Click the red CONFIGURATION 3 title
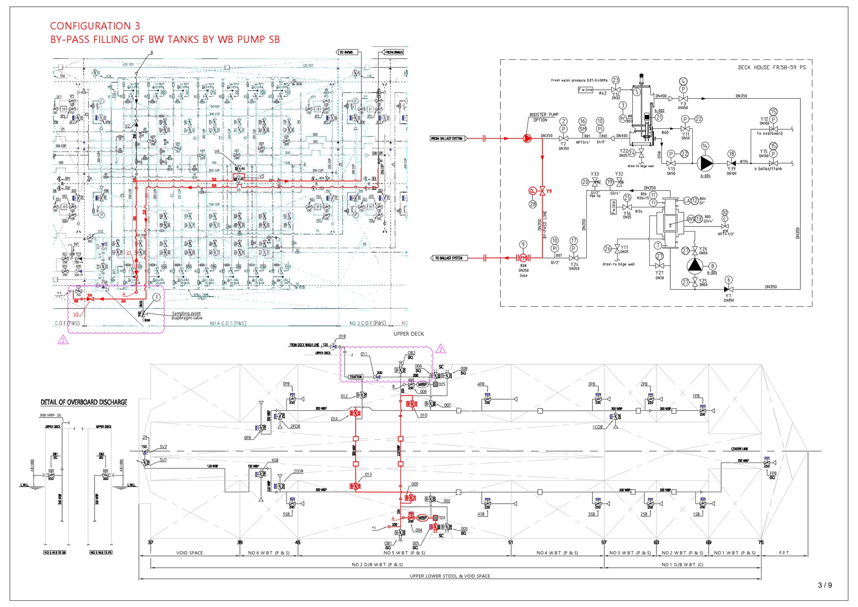pyautogui.click(x=95, y=26)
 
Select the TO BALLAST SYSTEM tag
pyautogui.click(x=449, y=258)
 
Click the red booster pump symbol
pyautogui.click(x=527, y=139)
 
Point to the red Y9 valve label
pyautogui.click(x=549, y=191)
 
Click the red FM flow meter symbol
pyautogui.click(x=523, y=258)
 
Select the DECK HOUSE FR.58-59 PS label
pyautogui.click(x=772, y=67)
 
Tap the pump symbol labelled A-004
pyautogui.click(x=705, y=163)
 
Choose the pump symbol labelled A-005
pyautogui.click(x=695, y=266)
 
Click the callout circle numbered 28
pyautogui.click(x=533, y=204)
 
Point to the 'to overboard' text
pyautogui.click(x=770, y=133)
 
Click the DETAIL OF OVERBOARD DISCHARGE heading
pyautogui.click(x=84, y=402)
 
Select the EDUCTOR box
pyautogui.click(x=356, y=377)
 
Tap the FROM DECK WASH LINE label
pyautogui.click(x=304, y=345)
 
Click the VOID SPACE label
pyautogui.click(x=189, y=553)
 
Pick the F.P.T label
pyautogui.click(x=784, y=553)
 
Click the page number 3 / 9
pyautogui.click(x=825, y=585)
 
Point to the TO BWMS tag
pyautogui.click(x=346, y=52)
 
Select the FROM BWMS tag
pyautogui.click(x=394, y=52)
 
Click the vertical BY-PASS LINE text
pyautogui.click(x=545, y=224)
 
